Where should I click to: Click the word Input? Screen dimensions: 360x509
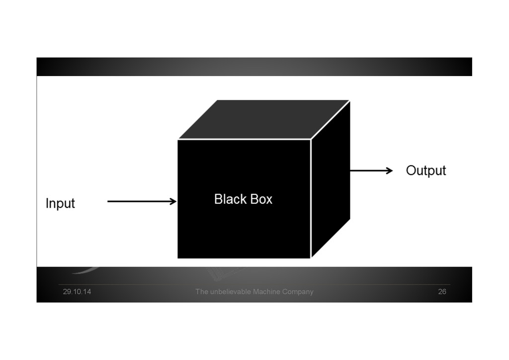click(60, 203)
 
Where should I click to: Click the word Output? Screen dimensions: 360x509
click(426, 171)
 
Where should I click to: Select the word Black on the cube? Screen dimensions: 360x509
click(230, 199)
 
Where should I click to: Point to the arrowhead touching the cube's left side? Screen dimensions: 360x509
click(173, 201)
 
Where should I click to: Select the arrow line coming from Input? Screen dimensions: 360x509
click(139, 201)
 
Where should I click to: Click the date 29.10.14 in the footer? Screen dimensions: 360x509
click(77, 292)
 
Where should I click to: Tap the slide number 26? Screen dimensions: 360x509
click(442, 292)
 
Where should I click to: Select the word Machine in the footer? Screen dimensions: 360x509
click(266, 292)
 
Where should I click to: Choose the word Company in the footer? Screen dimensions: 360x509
click(298, 292)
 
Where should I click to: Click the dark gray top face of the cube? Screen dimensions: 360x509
click(263, 119)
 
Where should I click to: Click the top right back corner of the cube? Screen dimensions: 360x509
click(349, 101)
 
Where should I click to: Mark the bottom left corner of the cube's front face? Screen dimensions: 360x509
click(178, 258)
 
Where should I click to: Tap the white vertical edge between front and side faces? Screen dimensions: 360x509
click(311, 199)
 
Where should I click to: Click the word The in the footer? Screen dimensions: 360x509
click(201, 292)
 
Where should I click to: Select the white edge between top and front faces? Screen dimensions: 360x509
click(244, 140)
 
